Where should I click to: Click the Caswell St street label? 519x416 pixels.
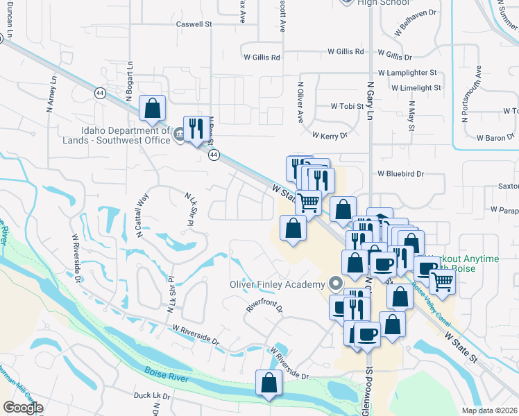click(x=194, y=24)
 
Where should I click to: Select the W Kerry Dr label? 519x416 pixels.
click(x=329, y=135)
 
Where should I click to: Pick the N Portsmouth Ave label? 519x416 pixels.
click(x=479, y=92)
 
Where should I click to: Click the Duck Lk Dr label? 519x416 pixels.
click(x=152, y=395)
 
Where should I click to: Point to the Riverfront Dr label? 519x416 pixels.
click(x=265, y=306)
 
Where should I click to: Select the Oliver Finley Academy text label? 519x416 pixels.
click(x=278, y=284)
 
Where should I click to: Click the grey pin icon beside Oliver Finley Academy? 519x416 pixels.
click(x=337, y=284)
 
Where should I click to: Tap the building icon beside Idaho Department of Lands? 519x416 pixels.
click(x=179, y=134)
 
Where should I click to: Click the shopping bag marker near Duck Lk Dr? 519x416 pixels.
click(x=269, y=383)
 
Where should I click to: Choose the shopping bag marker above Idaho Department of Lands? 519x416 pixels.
click(x=152, y=108)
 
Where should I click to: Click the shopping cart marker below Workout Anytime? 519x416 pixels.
click(x=442, y=281)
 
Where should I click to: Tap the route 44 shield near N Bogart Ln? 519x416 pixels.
click(x=101, y=93)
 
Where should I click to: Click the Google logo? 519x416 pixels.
click(x=23, y=408)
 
